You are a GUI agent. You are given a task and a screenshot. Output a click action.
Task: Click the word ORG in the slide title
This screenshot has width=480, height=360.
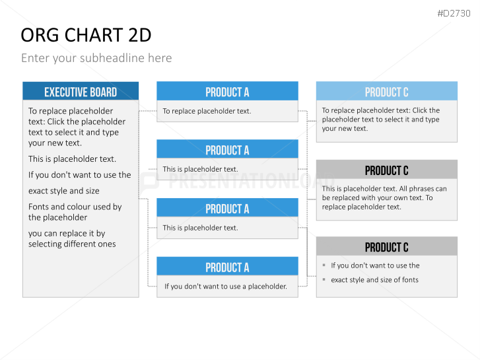[x=40, y=35]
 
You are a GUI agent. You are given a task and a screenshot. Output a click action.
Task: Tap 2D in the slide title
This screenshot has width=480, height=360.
[x=139, y=35]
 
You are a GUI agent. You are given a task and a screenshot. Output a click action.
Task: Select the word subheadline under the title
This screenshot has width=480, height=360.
[x=112, y=58]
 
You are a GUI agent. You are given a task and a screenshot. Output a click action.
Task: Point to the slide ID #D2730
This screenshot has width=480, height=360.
[x=454, y=13]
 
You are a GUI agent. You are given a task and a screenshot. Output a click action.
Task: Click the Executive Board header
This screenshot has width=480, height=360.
[x=81, y=92]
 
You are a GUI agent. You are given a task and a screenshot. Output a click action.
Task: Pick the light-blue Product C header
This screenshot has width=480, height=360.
[x=387, y=91]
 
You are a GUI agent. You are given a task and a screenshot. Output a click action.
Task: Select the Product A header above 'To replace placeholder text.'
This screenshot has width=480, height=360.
[x=227, y=91]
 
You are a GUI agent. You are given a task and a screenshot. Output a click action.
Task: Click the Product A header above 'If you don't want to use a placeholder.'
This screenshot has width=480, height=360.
[x=227, y=266]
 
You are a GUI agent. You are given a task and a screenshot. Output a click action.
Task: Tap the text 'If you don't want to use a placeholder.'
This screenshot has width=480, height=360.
[x=226, y=287]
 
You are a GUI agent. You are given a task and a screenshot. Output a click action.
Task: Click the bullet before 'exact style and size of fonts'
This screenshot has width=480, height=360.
[x=324, y=279]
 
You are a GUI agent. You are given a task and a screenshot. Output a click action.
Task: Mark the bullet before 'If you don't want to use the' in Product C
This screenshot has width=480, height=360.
[x=324, y=265]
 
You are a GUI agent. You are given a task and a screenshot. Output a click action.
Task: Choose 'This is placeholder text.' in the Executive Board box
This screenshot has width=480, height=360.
[x=72, y=159]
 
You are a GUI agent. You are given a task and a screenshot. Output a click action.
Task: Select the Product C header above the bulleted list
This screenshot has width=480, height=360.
[x=387, y=246]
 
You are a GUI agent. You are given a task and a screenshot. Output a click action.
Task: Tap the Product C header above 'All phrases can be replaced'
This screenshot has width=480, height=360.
[x=387, y=169]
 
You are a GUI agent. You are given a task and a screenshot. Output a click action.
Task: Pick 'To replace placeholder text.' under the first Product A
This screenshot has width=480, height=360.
[x=207, y=111]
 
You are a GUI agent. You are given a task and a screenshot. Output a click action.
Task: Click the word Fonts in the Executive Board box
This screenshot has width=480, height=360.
[x=38, y=207]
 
